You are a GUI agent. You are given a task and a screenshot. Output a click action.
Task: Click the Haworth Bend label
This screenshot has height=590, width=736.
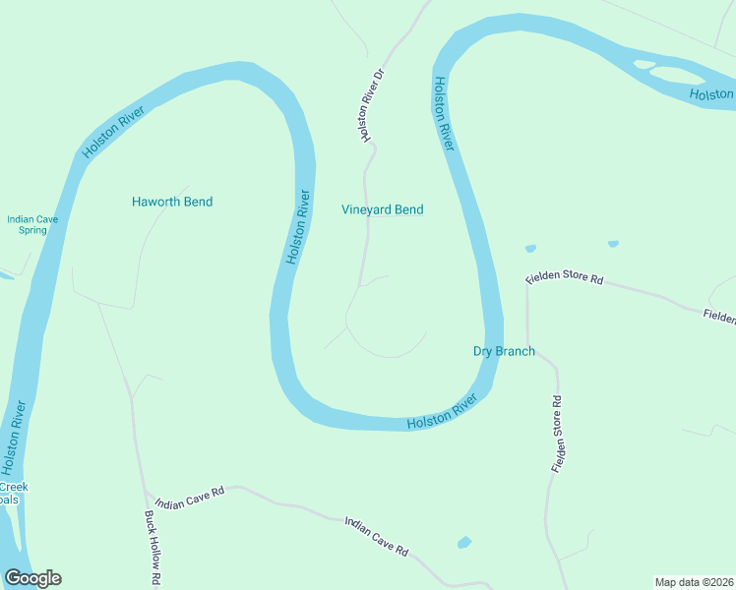pos(172,202)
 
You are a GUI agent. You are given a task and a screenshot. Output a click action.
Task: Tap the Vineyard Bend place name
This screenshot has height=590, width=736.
pos(383,209)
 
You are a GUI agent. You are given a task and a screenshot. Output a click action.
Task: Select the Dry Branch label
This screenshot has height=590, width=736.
pos(504,351)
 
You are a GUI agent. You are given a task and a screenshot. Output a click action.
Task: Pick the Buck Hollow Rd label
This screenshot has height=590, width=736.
pos(152,548)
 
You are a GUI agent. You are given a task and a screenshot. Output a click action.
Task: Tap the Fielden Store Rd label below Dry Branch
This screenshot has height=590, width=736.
pos(558,435)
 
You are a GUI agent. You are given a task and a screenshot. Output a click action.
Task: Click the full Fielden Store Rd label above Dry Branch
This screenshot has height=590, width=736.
pos(564,278)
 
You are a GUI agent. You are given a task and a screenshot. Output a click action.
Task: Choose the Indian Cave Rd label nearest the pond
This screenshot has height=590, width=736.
pos(376,537)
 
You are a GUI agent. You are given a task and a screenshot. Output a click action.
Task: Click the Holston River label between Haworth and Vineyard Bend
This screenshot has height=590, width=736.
pos(299,226)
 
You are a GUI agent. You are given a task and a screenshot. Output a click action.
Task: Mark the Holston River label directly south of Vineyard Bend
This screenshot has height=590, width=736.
pos(442,412)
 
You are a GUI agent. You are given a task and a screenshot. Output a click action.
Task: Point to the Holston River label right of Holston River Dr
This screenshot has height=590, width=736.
pos(443,113)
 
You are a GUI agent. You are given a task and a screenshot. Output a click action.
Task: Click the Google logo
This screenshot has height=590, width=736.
pos(32,578)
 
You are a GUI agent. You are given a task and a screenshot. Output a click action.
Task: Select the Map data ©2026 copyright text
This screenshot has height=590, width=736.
pos(695,582)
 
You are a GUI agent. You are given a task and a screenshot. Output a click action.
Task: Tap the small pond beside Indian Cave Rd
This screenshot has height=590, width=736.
pos(464,542)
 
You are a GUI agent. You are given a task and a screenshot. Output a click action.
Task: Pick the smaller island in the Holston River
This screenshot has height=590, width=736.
pos(644,65)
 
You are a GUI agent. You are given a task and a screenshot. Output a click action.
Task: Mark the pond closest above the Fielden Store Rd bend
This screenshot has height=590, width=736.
pos(531,248)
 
